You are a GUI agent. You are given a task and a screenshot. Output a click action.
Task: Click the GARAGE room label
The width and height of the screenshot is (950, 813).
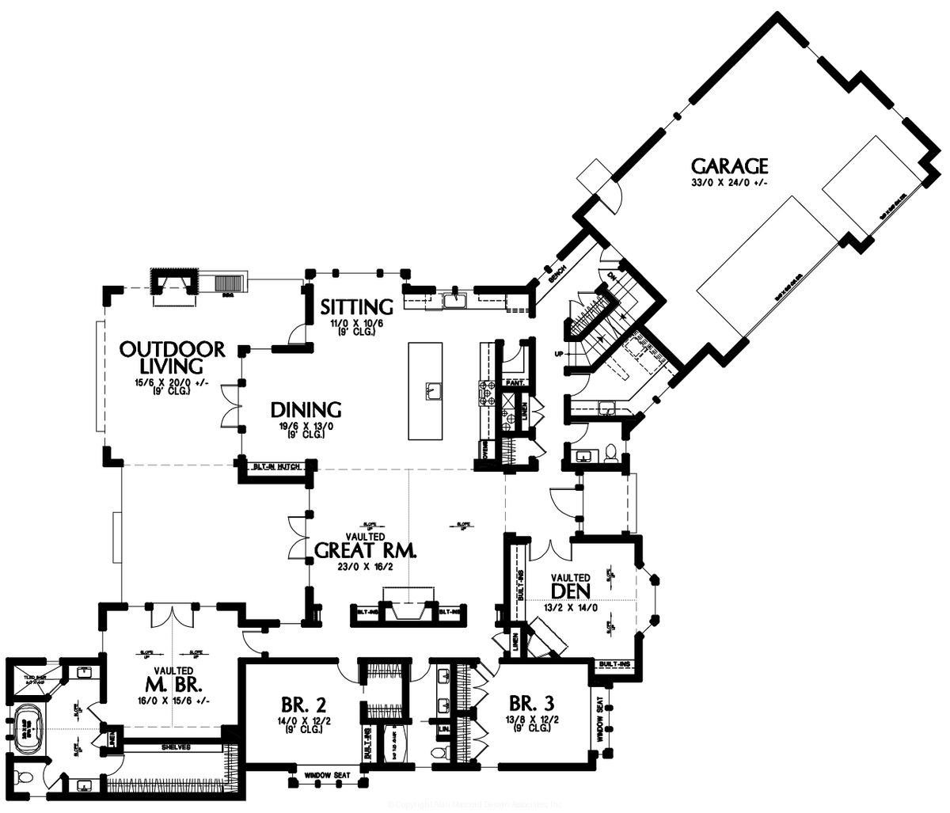coord(729,166)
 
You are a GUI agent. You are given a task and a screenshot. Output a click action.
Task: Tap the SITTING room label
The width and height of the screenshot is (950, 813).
coord(356,306)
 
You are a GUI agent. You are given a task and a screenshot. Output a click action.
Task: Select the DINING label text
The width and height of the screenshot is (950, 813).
coord(306,410)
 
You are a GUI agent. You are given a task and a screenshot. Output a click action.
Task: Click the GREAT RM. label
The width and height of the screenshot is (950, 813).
coord(365,550)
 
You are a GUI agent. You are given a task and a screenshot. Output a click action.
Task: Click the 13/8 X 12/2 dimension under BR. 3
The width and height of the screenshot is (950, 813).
coord(530,720)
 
